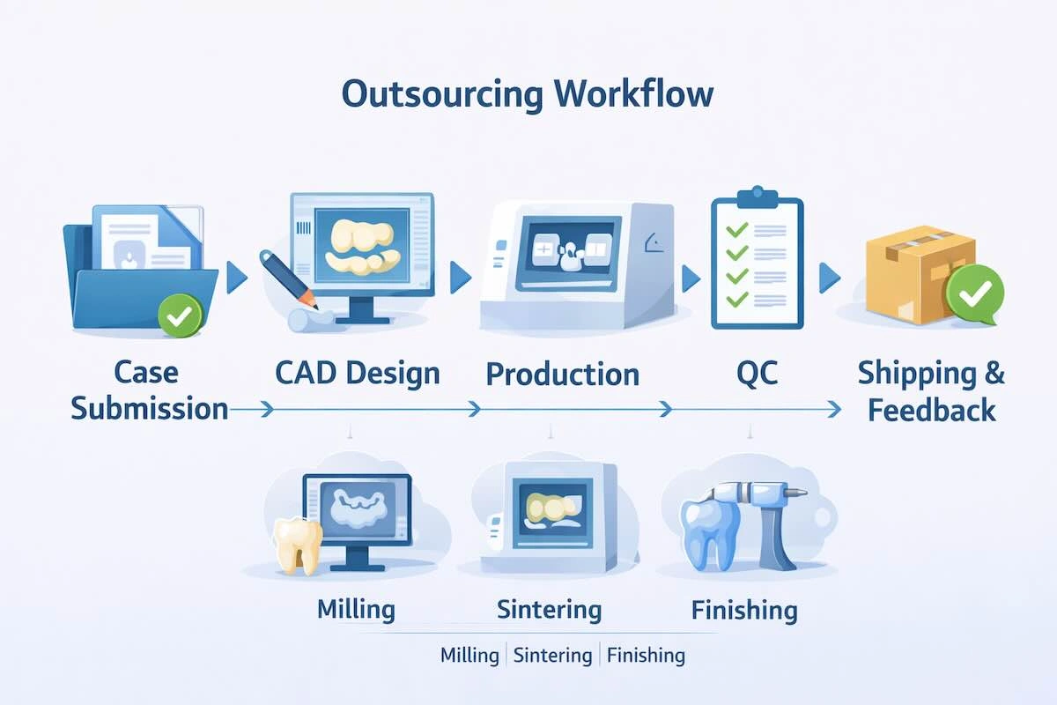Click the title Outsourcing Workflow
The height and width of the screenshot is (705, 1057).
pyautogui.click(x=528, y=94)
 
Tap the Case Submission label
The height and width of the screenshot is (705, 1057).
pyautogui.click(x=148, y=390)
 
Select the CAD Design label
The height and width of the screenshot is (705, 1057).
pyautogui.click(x=357, y=373)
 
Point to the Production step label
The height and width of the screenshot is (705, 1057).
pyautogui.click(x=562, y=374)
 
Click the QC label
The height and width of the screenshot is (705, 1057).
pyautogui.click(x=757, y=373)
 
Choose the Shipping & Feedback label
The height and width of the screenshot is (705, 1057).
pyautogui.click(x=931, y=391)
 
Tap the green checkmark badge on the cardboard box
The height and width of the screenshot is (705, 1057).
pyautogui.click(x=974, y=294)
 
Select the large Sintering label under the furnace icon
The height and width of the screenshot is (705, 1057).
pyautogui.click(x=549, y=609)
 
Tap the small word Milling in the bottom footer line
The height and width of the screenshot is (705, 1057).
pyautogui.click(x=469, y=655)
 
